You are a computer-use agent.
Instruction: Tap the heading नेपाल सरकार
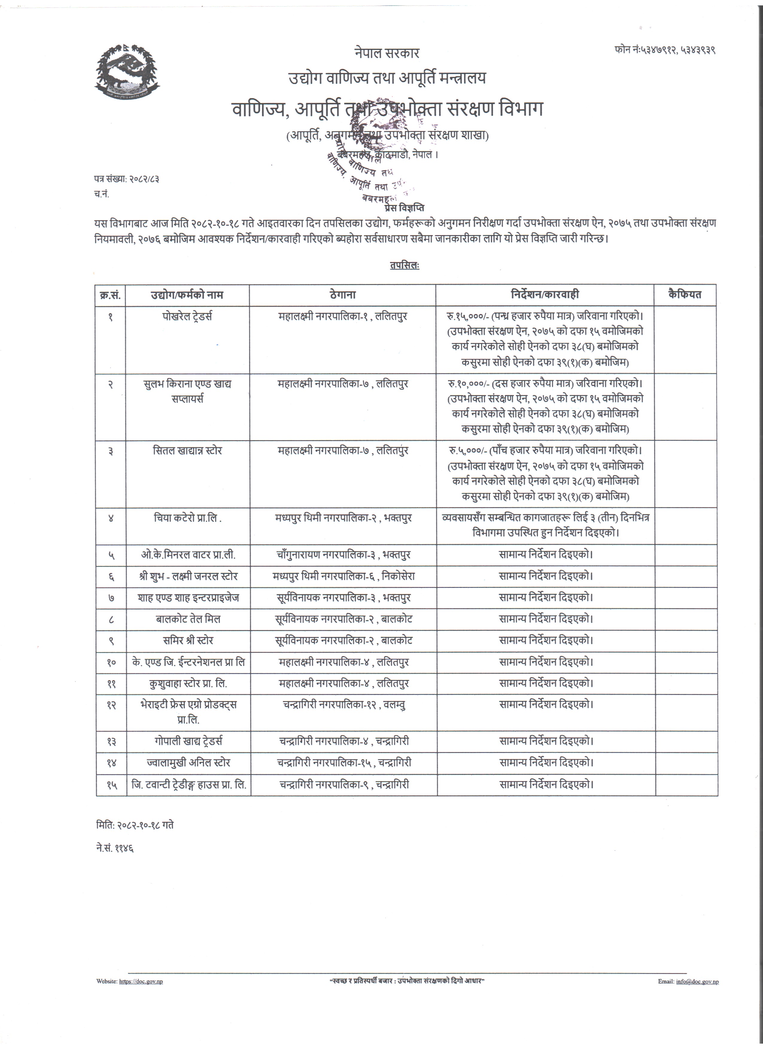pyautogui.click(x=387, y=53)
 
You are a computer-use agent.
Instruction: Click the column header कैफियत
pyautogui.click(x=685, y=294)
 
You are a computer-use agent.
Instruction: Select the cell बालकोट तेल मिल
pyautogui.click(x=188, y=619)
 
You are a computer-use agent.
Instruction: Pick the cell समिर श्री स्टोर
pyautogui.click(x=188, y=641)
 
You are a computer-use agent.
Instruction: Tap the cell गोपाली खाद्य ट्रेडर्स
pyautogui.click(x=188, y=741)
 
